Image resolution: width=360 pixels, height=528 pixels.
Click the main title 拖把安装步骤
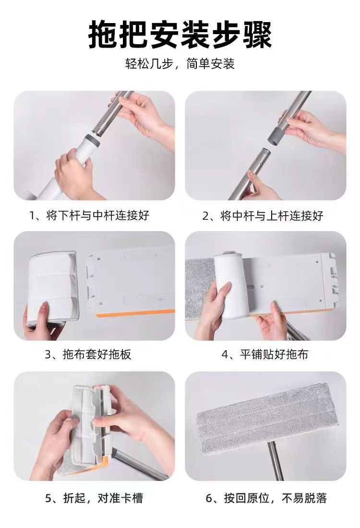180,35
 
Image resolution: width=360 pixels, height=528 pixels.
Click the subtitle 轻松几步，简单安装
180,64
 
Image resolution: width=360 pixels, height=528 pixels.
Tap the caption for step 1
89,215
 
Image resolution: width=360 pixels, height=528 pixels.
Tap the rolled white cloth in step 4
231,284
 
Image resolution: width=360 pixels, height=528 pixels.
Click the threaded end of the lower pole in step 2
263,156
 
